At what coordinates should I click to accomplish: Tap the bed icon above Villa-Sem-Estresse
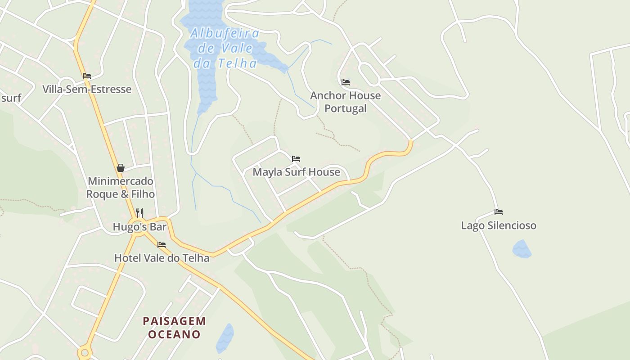87,76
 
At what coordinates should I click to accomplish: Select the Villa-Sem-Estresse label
87,89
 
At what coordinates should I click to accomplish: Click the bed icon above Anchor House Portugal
346,82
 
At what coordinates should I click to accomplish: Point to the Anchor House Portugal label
345,102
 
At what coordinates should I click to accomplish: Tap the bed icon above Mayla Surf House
296,158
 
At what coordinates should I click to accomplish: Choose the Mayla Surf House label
296,172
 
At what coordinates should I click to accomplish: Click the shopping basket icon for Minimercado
121,168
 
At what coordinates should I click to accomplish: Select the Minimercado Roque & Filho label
120,188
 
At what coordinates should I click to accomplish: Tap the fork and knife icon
139,213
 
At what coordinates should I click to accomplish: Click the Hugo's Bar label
139,227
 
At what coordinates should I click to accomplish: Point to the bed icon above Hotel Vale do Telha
162,245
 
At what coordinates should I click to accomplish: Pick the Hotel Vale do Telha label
162,258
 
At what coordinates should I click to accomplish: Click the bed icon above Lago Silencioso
499,211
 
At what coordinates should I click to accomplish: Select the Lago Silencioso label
499,225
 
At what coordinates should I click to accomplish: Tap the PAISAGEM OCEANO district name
175,328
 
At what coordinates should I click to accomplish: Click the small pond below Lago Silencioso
522,249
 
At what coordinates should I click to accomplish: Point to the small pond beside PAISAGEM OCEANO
225,337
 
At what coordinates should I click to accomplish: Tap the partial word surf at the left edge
10,98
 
